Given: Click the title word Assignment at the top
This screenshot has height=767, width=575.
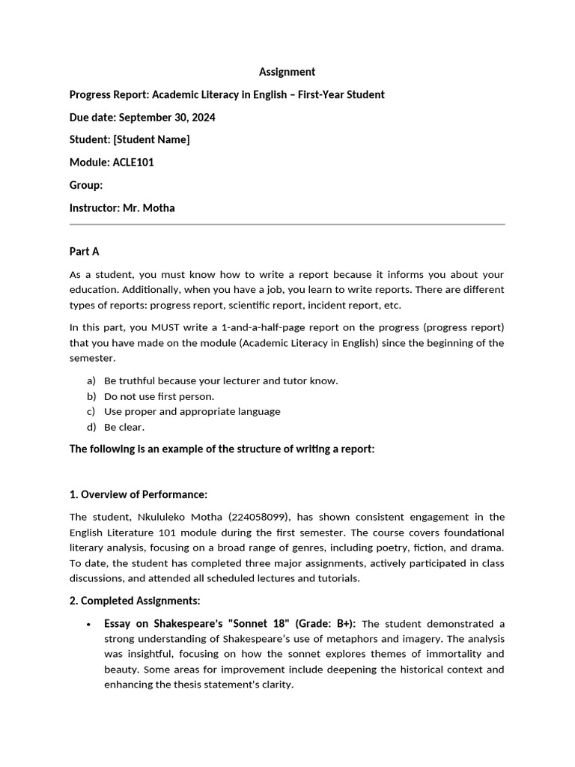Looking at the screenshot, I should [287, 72].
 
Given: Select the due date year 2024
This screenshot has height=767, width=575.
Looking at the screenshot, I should [202, 118].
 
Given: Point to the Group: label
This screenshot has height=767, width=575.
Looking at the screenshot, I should [86, 185].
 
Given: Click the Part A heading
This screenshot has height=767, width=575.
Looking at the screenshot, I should [85, 252].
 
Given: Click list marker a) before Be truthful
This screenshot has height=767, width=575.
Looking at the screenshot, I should [91, 381].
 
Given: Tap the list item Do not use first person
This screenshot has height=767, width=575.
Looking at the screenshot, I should [159, 396].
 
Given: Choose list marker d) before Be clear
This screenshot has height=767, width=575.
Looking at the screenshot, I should [91, 427].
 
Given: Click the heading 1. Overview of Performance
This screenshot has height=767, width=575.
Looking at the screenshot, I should [138, 494].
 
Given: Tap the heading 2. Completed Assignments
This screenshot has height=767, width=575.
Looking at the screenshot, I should [135, 601].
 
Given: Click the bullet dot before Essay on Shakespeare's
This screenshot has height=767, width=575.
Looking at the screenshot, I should [89, 624].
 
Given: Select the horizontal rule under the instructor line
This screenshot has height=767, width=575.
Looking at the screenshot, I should [287, 224].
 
